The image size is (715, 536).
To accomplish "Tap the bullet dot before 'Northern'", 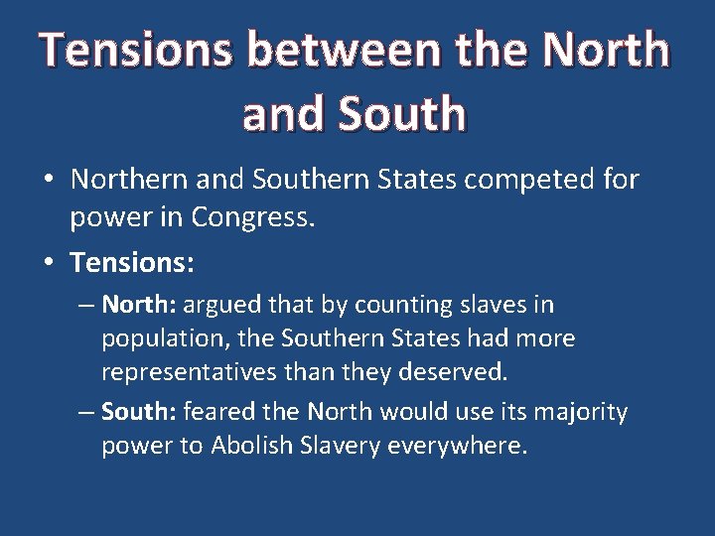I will click(48, 181).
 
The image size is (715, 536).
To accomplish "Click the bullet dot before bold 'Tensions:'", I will click(48, 264).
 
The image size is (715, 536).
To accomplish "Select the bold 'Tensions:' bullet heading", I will click(132, 263).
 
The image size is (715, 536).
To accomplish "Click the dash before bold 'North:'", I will click(85, 305).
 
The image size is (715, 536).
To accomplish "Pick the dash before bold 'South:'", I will click(85, 412).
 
